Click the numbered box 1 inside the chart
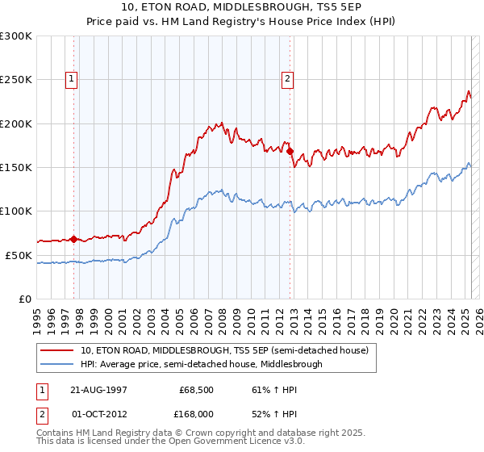tap(72, 79)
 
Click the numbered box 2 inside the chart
tap(288, 79)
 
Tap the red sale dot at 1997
tap(73, 239)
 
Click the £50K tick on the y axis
tap(19, 255)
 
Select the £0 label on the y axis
tap(26, 299)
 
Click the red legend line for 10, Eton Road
tap(57, 350)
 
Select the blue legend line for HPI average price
tap(57, 364)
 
